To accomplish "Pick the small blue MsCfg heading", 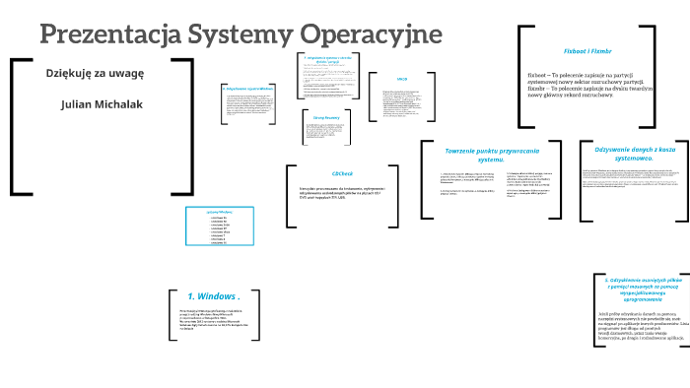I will tap(402, 78).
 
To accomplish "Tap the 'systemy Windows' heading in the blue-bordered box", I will tap(220, 212).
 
